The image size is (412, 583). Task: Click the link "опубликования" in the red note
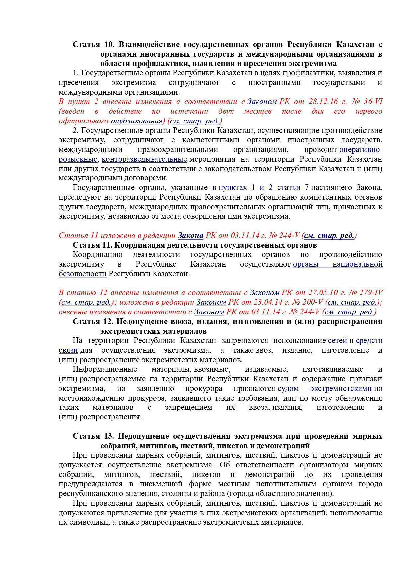click(136, 121)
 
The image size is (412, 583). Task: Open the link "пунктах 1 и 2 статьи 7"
click(263, 188)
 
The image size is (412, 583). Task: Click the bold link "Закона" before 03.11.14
click(191, 236)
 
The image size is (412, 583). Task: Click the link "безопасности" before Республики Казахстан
click(82, 274)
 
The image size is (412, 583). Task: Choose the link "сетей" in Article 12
click(337, 341)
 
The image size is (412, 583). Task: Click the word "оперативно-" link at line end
click(360, 150)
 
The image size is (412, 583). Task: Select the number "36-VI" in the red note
click(371, 102)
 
